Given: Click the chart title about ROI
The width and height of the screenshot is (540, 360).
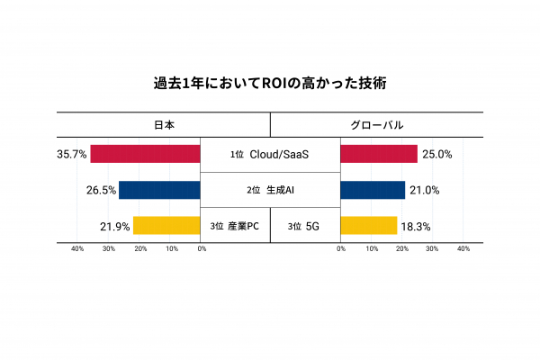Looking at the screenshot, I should (270, 84).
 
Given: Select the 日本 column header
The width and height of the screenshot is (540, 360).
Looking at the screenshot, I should (164, 125).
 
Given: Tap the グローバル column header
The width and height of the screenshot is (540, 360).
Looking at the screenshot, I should (376, 125).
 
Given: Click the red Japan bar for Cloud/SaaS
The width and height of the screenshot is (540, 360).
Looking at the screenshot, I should (145, 154).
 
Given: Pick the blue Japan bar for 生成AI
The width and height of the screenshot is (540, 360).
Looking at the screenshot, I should (159, 190).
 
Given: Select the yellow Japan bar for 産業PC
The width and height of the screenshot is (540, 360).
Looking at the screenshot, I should (166, 226).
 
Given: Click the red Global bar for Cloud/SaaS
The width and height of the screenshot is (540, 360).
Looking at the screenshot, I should (379, 154).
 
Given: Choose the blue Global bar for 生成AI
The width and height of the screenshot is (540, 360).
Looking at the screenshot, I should (373, 190).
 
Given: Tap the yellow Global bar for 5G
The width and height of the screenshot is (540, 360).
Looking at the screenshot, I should (369, 226).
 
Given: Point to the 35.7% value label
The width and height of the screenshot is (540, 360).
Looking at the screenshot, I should (72, 154).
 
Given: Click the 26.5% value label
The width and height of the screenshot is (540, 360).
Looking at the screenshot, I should (101, 190).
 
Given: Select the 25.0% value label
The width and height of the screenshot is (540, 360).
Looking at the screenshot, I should (436, 154).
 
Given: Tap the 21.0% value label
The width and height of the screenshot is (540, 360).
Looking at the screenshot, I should (424, 190).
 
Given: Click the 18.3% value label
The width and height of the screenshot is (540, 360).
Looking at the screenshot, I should (416, 226).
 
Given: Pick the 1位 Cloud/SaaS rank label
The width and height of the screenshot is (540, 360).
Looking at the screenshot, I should (270, 155).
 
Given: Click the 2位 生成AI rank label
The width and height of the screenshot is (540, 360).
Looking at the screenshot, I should (270, 191).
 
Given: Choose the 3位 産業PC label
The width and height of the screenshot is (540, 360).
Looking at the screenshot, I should (234, 226).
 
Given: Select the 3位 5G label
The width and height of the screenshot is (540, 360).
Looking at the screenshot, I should (305, 226).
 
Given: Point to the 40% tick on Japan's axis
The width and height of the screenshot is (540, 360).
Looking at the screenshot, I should (77, 248).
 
